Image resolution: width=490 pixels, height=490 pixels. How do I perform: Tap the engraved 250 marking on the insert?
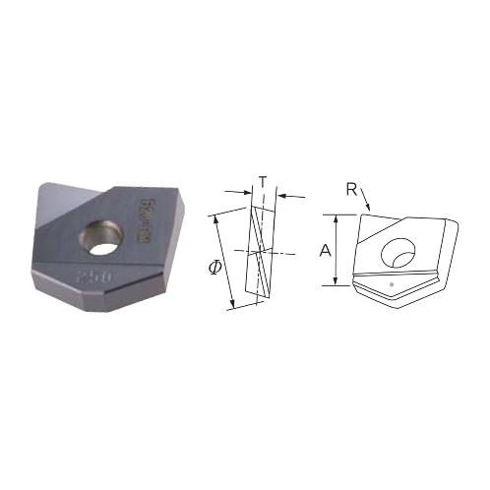95,279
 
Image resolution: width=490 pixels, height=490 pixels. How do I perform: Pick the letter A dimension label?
324,251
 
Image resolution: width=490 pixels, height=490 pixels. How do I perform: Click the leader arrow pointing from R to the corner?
366,203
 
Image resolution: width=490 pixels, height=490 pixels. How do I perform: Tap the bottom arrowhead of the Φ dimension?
232,306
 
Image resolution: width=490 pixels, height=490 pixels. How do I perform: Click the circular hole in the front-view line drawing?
398,250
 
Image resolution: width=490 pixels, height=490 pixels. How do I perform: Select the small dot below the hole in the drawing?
392,284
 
